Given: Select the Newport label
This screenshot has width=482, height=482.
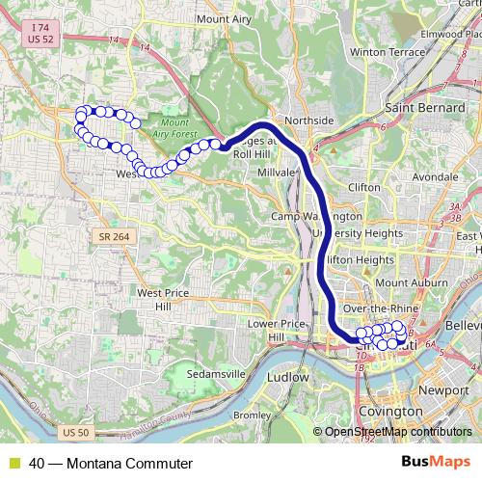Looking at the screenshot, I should click(x=444, y=390).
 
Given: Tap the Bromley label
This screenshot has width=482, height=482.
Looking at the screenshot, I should click(x=252, y=415).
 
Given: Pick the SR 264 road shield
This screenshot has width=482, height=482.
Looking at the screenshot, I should click(x=114, y=236).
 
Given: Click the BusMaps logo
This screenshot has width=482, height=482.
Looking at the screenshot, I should click(x=434, y=463).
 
